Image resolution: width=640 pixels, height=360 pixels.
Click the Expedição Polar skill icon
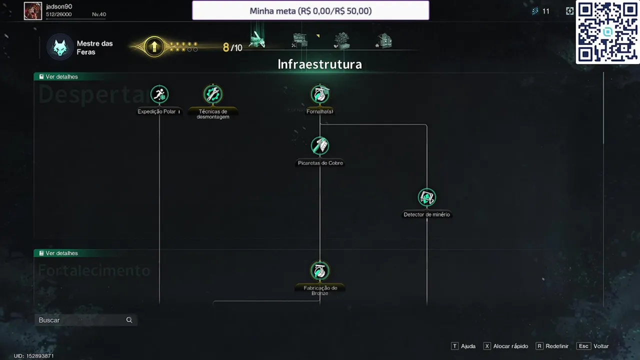(x=159, y=94)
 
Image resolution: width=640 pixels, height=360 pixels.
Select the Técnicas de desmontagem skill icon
(x=213, y=94)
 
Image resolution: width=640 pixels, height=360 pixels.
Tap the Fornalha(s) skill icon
(x=320, y=94)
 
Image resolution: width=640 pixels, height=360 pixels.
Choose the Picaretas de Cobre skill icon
(x=320, y=145)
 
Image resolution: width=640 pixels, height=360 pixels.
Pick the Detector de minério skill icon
(x=426, y=197)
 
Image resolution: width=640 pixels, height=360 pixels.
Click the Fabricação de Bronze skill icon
(x=320, y=270)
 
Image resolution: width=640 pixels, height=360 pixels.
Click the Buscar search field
(x=80, y=320)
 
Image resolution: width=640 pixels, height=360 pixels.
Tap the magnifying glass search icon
(x=129, y=320)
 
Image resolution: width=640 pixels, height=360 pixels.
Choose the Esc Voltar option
(x=593, y=346)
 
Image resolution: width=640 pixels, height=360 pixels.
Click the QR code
(x=607, y=32)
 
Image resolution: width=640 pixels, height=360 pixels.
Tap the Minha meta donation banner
(x=310, y=10)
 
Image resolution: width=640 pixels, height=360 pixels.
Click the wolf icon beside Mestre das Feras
(x=60, y=47)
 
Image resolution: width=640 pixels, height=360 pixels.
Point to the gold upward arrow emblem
(x=154, y=47)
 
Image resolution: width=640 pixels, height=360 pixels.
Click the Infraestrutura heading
(x=319, y=64)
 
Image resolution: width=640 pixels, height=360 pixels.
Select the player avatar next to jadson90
(x=33, y=10)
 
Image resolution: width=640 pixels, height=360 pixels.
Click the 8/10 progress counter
(x=232, y=47)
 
